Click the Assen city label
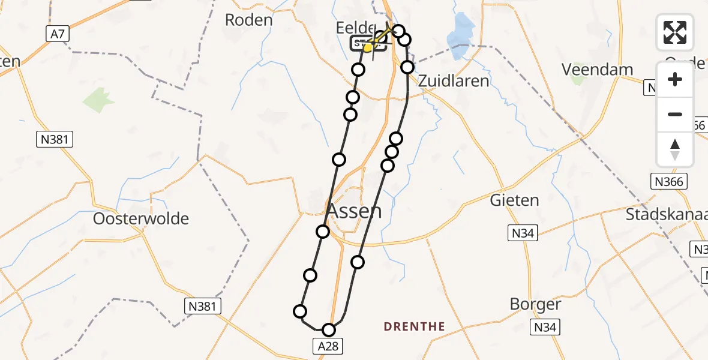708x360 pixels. pyautogui.click(x=353, y=211)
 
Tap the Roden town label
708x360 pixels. pyautogui.click(x=248, y=20)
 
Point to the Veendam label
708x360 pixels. pyautogui.click(x=597, y=70)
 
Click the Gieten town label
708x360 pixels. pyautogui.click(x=514, y=200)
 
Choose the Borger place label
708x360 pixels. pyautogui.click(x=535, y=304)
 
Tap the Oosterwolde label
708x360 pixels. pyautogui.click(x=141, y=219)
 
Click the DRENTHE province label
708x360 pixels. pyautogui.click(x=415, y=327)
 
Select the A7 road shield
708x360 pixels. pyautogui.click(x=57, y=35)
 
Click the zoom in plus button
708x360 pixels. pyautogui.click(x=675, y=79)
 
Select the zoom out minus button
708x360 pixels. pyautogui.click(x=675, y=114)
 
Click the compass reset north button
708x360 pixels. pyautogui.click(x=675, y=149)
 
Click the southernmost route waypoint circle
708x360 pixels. pyautogui.click(x=328, y=329)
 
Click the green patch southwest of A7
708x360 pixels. pyautogui.click(x=99, y=101)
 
